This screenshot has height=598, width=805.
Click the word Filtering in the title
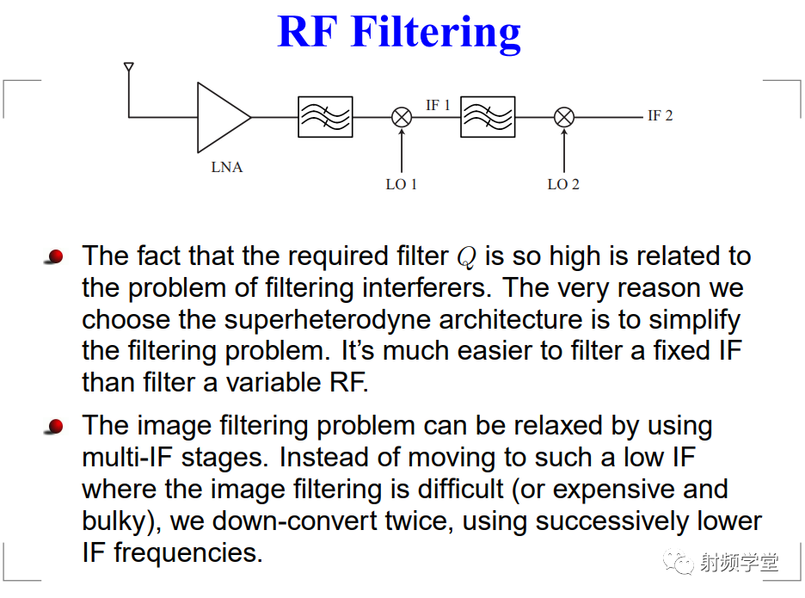point(436,33)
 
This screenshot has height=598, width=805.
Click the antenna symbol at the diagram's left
point(129,67)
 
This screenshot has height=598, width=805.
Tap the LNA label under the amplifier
point(227,168)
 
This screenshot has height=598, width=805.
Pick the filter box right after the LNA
point(325,117)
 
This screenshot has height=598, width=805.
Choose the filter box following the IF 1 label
point(488,117)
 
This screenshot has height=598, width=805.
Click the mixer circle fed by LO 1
point(402,117)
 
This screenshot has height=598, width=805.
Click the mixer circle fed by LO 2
point(563,117)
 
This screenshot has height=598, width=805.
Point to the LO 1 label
point(402,184)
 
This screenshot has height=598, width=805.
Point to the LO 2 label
point(563,184)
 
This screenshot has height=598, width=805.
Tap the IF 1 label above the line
point(438,105)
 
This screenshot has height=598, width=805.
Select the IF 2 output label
point(661,115)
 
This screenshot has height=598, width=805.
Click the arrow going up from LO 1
point(402,151)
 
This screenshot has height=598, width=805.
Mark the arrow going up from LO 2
point(563,151)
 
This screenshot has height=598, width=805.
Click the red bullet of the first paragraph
point(54,256)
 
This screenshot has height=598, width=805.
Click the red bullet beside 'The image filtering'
point(54,427)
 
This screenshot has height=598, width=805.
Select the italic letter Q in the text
point(467,257)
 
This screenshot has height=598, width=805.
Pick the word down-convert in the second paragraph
point(295,521)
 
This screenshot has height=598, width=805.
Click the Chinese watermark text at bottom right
point(739,563)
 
